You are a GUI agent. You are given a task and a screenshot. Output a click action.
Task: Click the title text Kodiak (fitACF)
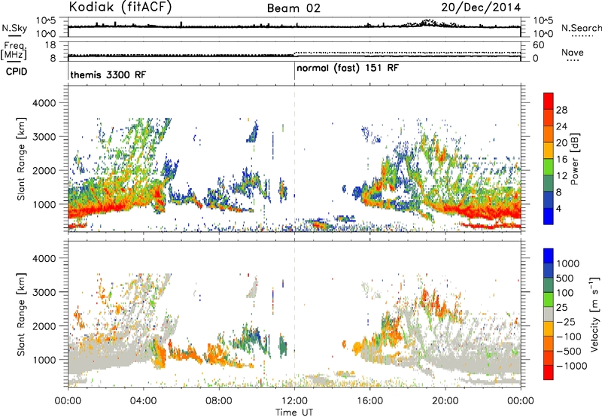120,7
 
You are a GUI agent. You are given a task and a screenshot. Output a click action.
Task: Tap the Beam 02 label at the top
293,8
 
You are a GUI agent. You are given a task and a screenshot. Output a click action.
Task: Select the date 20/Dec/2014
481,8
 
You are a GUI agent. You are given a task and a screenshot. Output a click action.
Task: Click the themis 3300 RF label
108,75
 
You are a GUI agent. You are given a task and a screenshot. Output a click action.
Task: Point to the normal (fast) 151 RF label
348,68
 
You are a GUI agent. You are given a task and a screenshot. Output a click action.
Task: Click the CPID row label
17,72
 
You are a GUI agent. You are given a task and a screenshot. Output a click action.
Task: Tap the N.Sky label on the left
14,29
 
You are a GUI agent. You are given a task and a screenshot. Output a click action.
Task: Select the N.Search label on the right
581,28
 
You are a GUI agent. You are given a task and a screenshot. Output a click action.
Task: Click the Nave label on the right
573,52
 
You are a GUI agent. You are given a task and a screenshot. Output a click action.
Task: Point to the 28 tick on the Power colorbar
561,110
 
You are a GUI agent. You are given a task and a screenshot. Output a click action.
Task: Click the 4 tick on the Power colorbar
558,209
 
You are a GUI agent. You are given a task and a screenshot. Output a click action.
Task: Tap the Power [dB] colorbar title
574,159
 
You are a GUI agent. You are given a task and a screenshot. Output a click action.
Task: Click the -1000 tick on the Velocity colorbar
572,366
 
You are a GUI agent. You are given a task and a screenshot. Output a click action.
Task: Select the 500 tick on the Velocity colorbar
565,279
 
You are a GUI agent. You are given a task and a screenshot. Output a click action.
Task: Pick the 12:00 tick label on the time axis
294,401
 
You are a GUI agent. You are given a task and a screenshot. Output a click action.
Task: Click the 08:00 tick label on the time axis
219,401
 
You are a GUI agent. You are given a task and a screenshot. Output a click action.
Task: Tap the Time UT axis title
294,412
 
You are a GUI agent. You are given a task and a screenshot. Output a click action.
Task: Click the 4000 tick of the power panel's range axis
44,103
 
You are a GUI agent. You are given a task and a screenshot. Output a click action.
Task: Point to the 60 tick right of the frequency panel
539,45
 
